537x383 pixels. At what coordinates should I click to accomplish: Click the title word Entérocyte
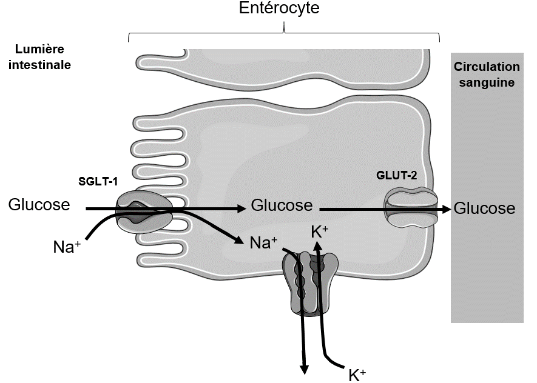pos(279,8)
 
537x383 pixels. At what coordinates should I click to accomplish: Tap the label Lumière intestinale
pos(39,57)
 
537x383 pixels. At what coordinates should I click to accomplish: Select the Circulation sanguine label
pos(487,75)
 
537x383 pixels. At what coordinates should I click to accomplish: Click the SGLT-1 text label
pos(98,181)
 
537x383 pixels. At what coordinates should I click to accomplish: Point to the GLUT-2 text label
pos(397,175)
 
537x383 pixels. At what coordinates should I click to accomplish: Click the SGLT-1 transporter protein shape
pos(144,212)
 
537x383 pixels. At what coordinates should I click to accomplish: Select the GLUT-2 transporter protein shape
pos(411,208)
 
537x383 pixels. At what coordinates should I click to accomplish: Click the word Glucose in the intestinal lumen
pos(39,204)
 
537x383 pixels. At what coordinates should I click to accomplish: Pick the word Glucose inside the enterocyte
pos(282,205)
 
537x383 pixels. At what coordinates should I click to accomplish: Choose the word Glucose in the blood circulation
pos(484,208)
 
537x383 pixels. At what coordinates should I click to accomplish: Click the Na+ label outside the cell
pos(67,246)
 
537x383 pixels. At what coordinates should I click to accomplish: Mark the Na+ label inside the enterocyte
pos(263,242)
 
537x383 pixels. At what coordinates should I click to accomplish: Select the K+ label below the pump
pos(357,375)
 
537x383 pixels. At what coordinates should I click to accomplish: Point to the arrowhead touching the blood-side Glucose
pos(446,209)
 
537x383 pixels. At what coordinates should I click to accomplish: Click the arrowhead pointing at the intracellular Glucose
pos(241,208)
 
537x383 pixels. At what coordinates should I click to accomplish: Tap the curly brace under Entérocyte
pos(284,32)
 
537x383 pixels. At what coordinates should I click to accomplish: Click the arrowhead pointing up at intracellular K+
pos(317,246)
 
